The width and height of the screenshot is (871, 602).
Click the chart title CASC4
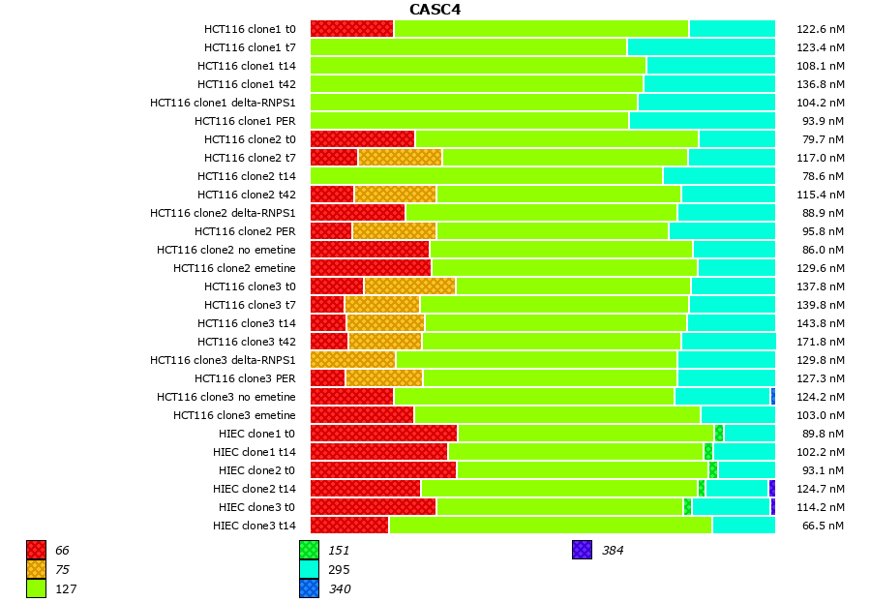(x=435, y=10)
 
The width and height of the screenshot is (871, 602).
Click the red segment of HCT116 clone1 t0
(x=351, y=29)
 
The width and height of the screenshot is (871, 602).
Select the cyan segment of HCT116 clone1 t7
(x=701, y=47)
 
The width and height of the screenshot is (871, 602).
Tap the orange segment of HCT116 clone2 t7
(x=400, y=158)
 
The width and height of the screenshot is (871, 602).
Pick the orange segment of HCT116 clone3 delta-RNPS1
(x=352, y=360)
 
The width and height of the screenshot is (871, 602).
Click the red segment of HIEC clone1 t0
(x=383, y=434)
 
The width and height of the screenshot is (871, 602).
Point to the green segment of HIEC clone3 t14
(x=550, y=526)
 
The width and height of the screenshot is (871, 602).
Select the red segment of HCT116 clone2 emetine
(x=371, y=268)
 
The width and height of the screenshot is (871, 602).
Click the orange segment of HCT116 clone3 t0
(x=409, y=286)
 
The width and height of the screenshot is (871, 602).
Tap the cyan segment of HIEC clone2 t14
(x=736, y=489)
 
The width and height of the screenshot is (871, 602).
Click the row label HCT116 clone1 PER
(x=245, y=121)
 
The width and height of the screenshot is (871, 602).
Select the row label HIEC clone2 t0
(x=255, y=470)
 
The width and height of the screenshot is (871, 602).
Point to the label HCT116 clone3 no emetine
(x=226, y=397)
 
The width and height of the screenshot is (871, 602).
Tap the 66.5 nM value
(x=824, y=526)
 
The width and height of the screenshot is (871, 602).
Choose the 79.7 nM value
(x=824, y=139)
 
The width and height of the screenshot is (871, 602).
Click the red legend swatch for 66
(x=37, y=551)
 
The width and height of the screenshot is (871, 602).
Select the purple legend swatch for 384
(x=582, y=551)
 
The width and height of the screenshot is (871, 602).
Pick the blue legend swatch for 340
(x=309, y=588)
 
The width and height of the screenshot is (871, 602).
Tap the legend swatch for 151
(x=309, y=551)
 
